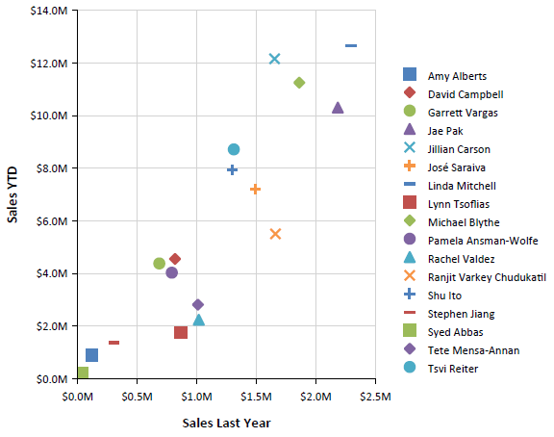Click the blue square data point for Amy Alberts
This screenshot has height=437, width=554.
[91, 355]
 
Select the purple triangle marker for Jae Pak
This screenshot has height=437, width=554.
[338, 108]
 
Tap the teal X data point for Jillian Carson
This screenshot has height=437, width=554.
[274, 59]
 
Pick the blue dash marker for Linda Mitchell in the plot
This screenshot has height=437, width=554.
[351, 45]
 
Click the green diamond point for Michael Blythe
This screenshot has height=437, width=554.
[299, 83]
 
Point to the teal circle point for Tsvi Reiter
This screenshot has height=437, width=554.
[234, 149]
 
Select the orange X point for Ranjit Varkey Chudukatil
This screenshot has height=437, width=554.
[275, 234]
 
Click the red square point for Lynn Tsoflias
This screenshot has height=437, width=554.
[181, 332]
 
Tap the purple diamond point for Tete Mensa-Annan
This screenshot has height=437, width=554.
[198, 305]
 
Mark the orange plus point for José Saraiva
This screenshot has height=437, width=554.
[255, 189]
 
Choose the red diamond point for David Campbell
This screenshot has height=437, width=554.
[175, 259]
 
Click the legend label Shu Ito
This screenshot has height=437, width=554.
[443, 296]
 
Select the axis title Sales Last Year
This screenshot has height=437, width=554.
[226, 423]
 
